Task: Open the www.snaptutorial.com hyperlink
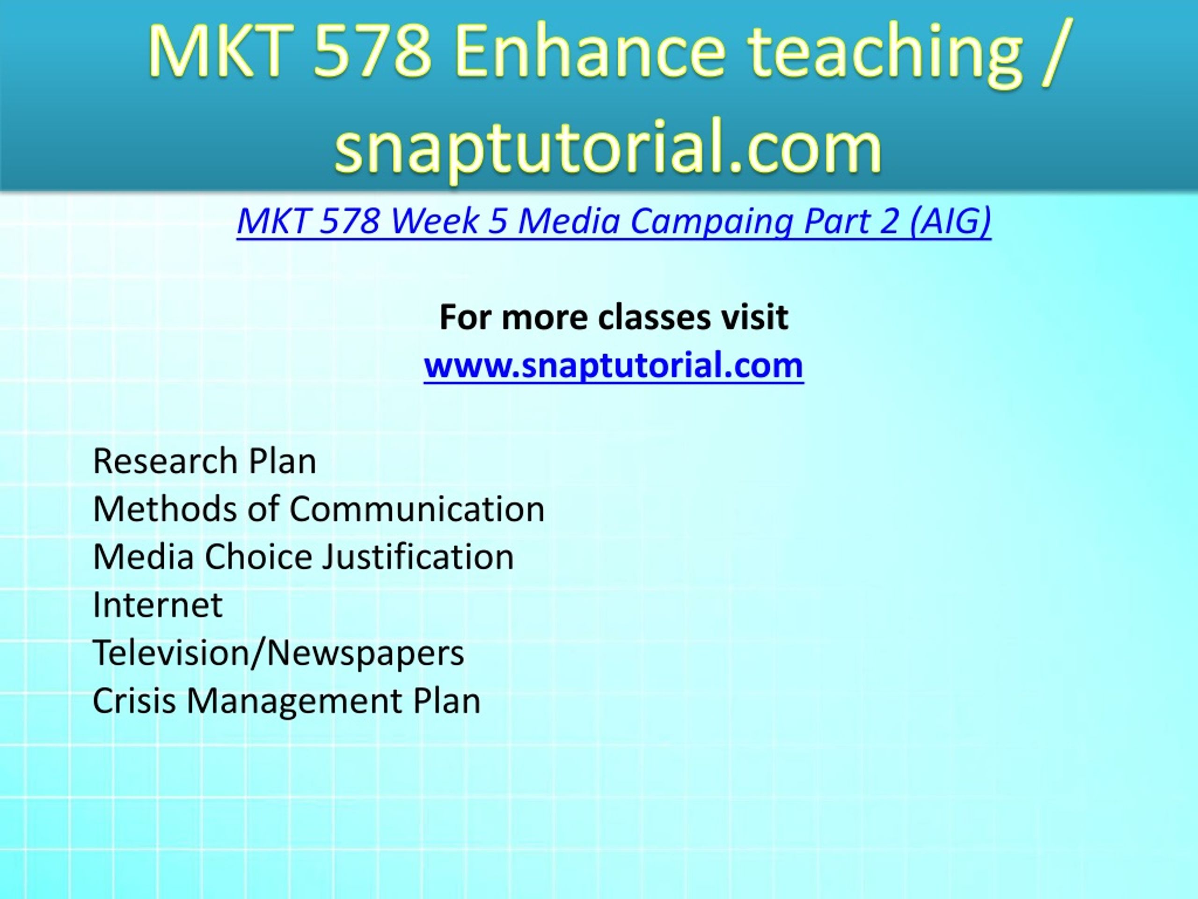[x=614, y=365]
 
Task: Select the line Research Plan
[x=204, y=462]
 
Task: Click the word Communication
[x=417, y=509]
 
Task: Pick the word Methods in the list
[x=165, y=509]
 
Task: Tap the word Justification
[x=417, y=558]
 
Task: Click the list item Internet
[x=158, y=605]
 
